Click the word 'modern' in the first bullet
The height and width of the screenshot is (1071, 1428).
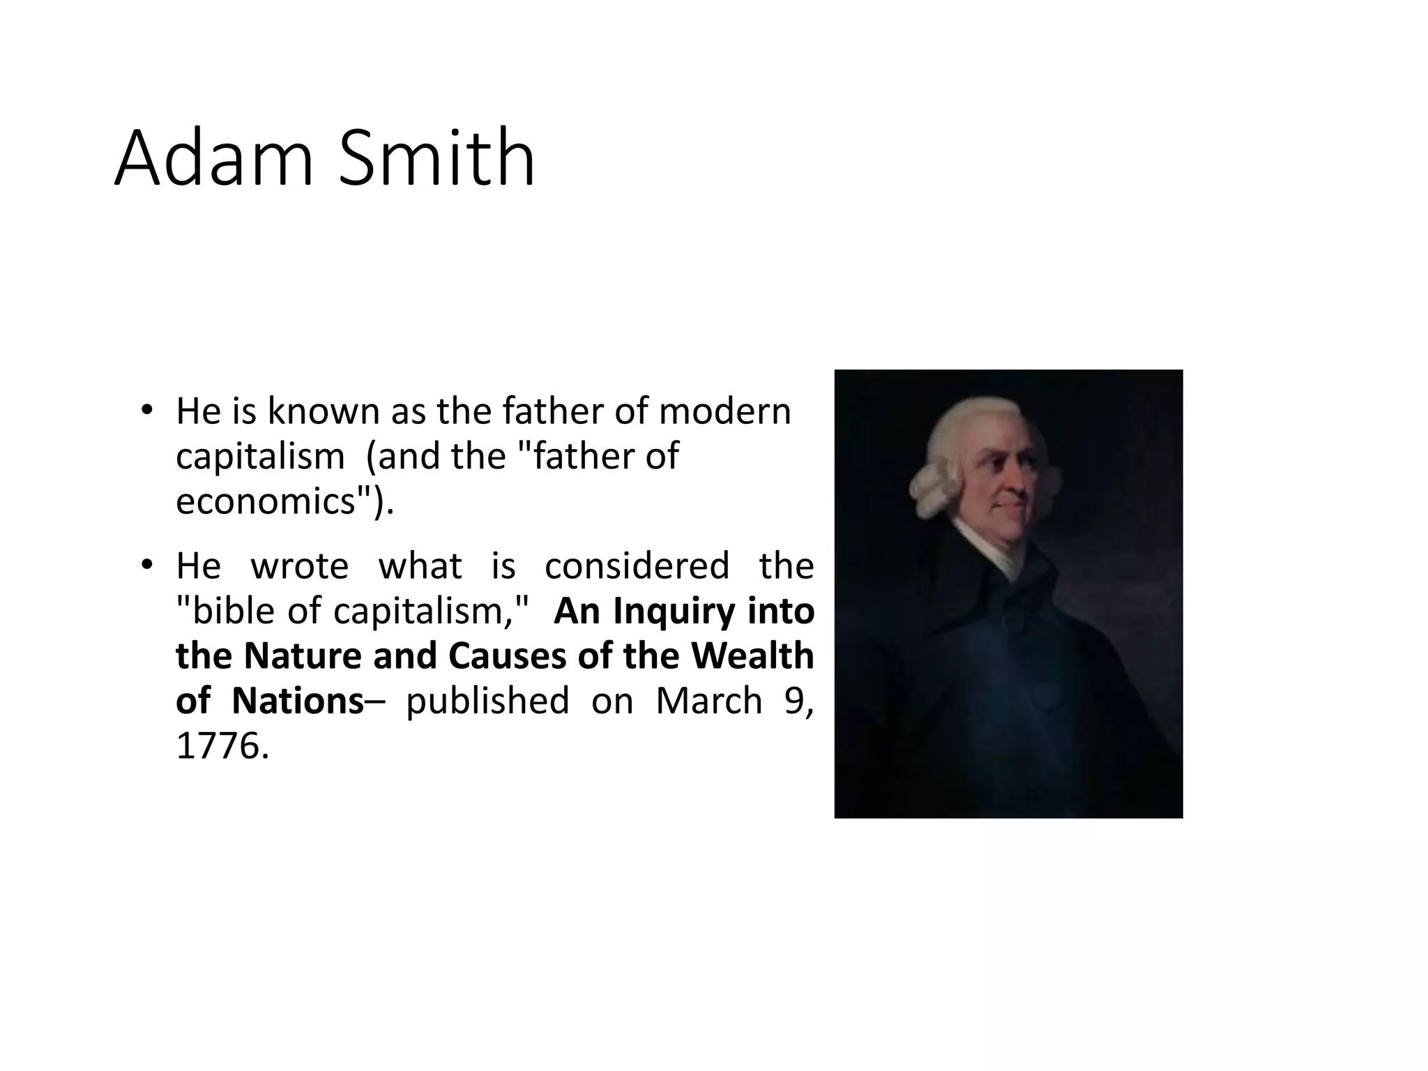coord(724,411)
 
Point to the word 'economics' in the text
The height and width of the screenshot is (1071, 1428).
coord(266,501)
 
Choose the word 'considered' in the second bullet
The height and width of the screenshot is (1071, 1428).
coord(637,565)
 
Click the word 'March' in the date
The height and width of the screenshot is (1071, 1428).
coord(708,701)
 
